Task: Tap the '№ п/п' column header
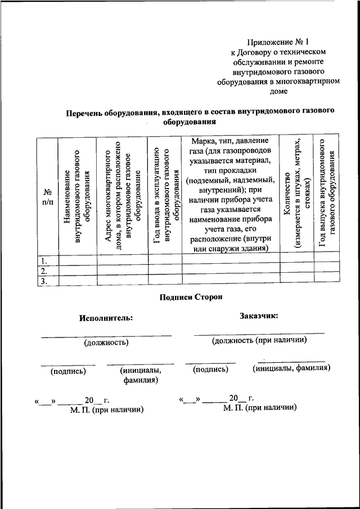click(47, 197)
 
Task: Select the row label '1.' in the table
click(43, 260)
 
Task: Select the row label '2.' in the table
click(43, 271)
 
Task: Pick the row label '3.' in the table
click(43, 281)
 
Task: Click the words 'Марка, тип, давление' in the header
click(230, 141)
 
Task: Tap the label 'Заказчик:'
click(259, 316)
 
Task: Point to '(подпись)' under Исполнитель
click(68, 371)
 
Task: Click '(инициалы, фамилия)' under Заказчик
click(291, 368)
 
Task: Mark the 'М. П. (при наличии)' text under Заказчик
click(259, 407)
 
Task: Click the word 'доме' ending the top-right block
click(278, 91)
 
